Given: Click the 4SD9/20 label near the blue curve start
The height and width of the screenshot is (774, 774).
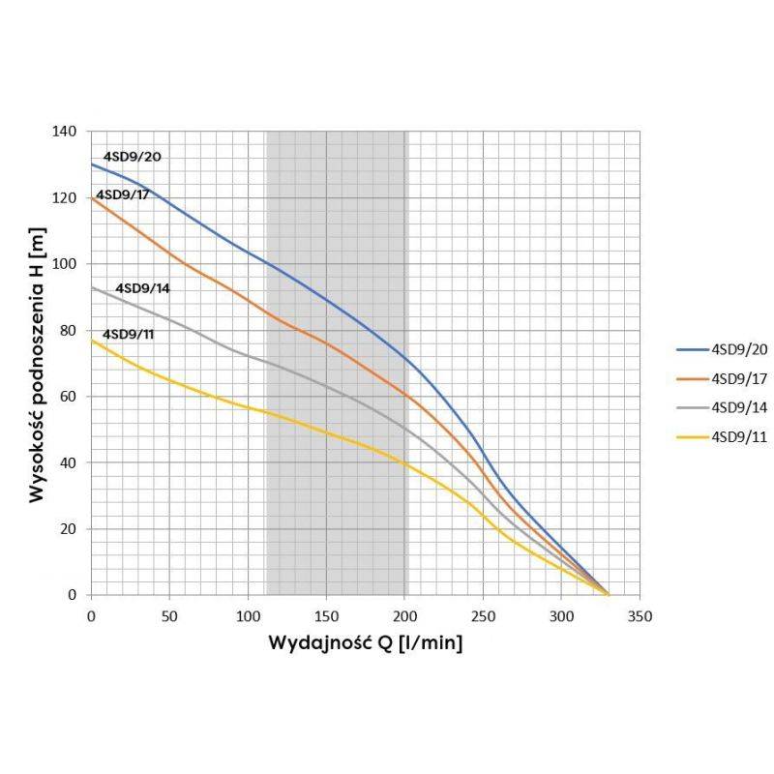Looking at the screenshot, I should click(x=133, y=156).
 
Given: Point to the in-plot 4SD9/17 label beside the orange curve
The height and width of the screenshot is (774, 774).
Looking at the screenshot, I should click(x=123, y=194).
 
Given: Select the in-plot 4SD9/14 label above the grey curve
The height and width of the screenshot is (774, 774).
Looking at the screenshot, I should click(x=143, y=288).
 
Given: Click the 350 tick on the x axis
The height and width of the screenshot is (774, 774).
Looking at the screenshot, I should click(x=640, y=615).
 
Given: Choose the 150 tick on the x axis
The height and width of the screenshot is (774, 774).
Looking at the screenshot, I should click(x=326, y=615).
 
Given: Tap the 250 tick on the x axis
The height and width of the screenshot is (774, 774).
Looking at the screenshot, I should click(x=483, y=615).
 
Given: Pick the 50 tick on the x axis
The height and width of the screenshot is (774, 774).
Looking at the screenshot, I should click(x=169, y=615).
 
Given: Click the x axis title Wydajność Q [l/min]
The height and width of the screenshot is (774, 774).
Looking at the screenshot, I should click(x=365, y=644).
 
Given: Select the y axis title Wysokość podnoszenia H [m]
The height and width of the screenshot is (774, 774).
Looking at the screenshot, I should click(x=37, y=362).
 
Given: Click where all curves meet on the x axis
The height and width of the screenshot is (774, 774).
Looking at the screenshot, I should click(x=609, y=594).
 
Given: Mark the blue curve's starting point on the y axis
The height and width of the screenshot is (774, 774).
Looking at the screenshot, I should click(x=92, y=164).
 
